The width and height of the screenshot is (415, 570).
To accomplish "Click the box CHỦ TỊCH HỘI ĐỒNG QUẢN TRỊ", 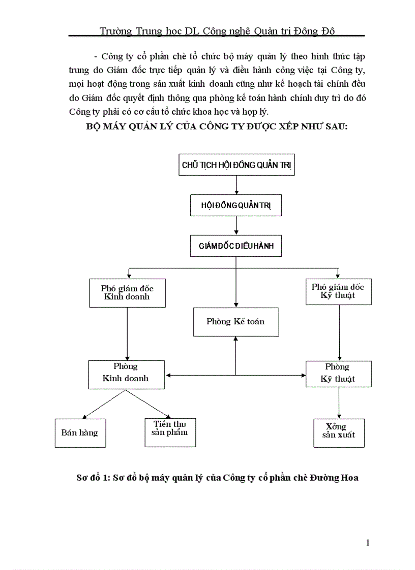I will pos(236,164).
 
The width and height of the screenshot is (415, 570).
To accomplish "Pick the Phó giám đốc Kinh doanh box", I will pos(127,292).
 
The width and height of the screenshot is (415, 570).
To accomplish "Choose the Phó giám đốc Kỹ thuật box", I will pos(338,291).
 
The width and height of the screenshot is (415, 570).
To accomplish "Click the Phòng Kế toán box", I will pos(236,322).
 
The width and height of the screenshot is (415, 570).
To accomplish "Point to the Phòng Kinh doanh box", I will pos(126,375).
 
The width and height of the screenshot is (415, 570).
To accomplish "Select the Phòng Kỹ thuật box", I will pos(338,374).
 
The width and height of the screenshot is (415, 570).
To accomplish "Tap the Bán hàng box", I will pos(80,433).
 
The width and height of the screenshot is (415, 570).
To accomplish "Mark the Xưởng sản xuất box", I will pos(339,432).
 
